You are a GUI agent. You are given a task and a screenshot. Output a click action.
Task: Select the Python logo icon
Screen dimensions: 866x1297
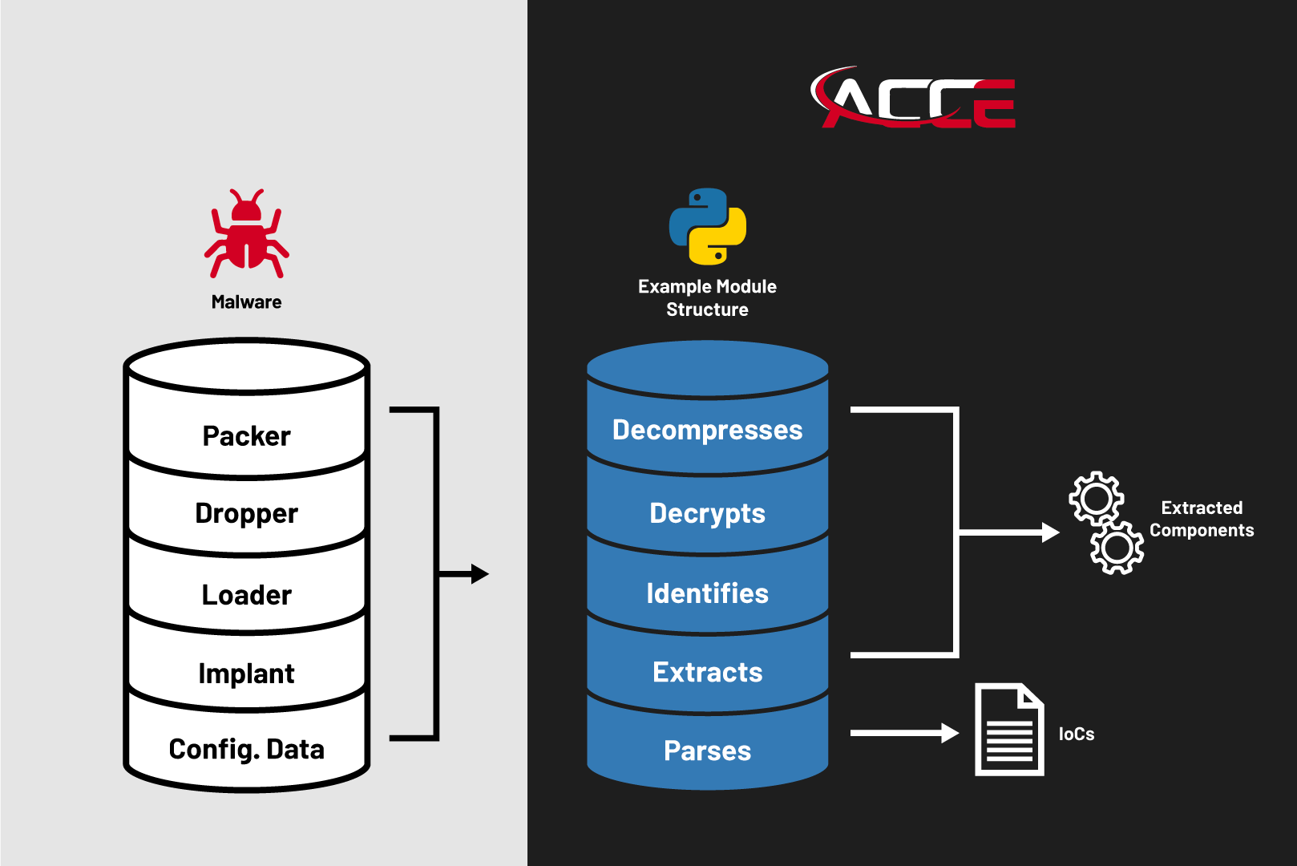click(708, 227)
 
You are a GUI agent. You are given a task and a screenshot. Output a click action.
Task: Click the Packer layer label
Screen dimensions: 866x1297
click(246, 436)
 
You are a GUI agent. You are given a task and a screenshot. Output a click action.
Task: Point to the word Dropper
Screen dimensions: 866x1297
click(246, 513)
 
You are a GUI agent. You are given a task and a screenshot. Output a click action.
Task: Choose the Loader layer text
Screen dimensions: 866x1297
click(246, 595)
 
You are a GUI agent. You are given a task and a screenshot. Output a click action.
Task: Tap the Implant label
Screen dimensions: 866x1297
click(246, 674)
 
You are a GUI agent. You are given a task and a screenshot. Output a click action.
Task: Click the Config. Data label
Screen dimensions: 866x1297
click(246, 749)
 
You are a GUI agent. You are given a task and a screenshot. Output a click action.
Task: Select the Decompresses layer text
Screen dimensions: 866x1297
click(707, 430)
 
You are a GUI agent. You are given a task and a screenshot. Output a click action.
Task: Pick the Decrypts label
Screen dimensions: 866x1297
click(707, 513)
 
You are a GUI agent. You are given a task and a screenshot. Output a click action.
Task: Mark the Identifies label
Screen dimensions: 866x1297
click(707, 593)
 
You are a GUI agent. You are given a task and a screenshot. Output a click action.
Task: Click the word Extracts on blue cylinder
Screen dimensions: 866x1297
click(707, 672)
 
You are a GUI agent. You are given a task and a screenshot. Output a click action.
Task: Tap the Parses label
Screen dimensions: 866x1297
click(707, 751)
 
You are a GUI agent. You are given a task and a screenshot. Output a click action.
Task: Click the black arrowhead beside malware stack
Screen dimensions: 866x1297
click(479, 574)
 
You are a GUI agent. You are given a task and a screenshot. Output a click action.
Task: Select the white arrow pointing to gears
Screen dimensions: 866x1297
click(1049, 532)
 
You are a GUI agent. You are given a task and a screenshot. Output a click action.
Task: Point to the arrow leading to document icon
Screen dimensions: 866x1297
click(949, 733)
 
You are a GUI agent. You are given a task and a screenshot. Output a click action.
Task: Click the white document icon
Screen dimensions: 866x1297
click(1009, 730)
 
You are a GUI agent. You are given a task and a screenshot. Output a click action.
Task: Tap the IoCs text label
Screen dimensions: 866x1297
click(1076, 734)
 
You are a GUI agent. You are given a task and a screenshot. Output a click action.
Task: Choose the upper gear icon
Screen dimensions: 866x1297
click(1096, 499)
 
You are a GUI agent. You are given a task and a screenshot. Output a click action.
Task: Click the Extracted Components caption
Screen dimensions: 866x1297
click(1201, 519)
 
